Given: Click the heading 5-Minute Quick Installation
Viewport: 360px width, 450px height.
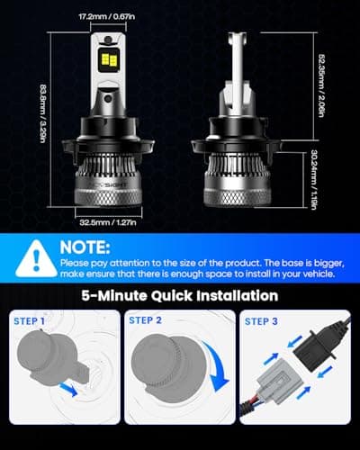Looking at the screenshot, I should pos(179,294).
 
